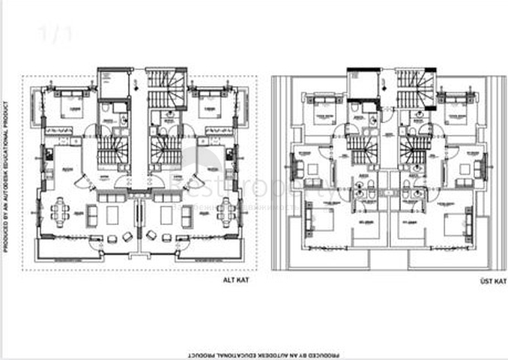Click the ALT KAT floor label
pyautogui.click(x=235, y=280)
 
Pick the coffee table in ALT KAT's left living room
pyautogui.click(x=112, y=214)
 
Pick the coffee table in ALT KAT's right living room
pyautogui.click(x=166, y=214)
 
